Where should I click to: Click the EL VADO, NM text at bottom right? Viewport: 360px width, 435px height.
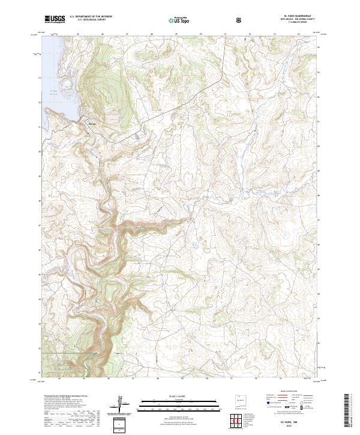[x=290, y=422]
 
